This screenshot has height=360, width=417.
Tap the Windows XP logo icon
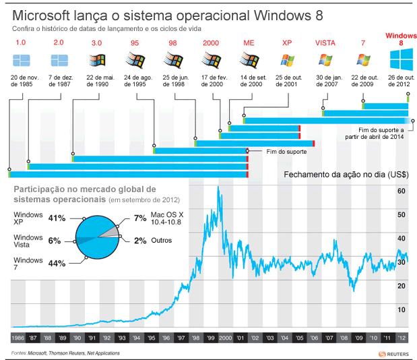point(288,61)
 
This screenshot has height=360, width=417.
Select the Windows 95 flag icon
point(135,61)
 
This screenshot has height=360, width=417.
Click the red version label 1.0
point(20,42)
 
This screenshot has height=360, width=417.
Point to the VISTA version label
point(325,42)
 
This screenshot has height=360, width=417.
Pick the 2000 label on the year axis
point(225,337)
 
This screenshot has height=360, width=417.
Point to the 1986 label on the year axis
point(18,337)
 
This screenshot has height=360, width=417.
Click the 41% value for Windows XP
point(57,218)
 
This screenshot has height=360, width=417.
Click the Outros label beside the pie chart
point(162,241)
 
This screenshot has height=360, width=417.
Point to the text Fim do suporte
point(277,152)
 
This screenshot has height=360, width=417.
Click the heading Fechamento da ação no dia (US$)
point(346,174)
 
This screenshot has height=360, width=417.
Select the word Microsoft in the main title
point(42,15)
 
